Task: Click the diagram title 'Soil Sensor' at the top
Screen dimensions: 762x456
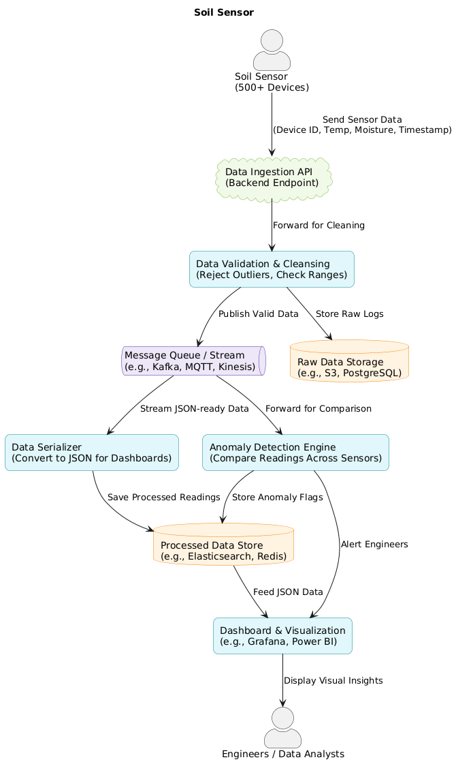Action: (x=224, y=12)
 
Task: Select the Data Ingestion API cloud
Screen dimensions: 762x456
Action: (x=272, y=178)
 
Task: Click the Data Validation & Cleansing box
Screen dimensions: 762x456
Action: (x=272, y=269)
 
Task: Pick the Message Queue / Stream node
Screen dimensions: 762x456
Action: (x=193, y=361)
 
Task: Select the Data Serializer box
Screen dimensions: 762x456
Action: (x=92, y=453)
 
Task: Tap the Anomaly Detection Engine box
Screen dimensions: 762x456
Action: (x=295, y=453)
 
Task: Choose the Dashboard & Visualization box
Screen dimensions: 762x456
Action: (x=282, y=636)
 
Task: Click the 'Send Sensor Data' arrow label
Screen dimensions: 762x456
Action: (x=361, y=125)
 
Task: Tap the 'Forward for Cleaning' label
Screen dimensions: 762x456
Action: (x=319, y=226)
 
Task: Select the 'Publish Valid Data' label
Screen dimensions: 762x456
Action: (x=259, y=314)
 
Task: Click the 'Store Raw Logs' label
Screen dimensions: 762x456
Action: (x=349, y=314)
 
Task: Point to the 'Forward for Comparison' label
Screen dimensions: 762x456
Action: (x=319, y=409)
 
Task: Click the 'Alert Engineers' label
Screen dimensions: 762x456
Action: (x=374, y=545)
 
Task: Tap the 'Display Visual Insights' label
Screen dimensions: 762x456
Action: (x=333, y=681)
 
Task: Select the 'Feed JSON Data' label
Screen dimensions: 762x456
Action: (x=288, y=592)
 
